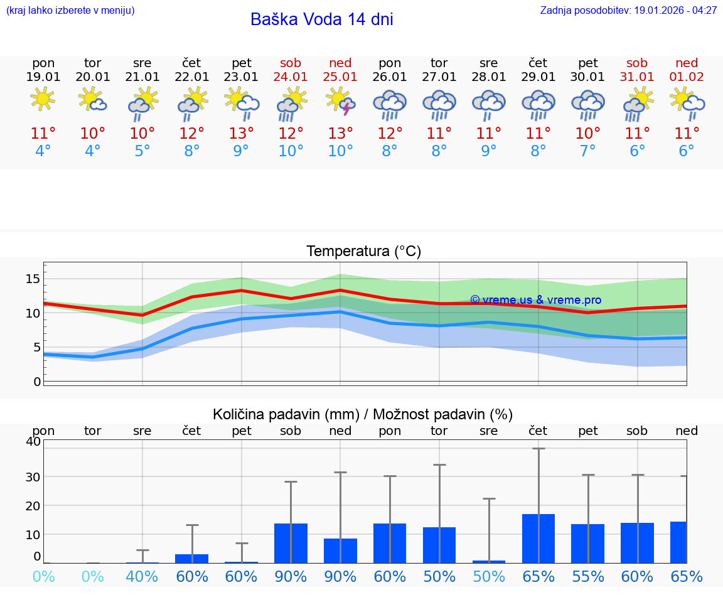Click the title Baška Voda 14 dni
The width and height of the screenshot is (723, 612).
(x=321, y=19)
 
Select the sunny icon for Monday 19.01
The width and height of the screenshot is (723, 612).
(x=43, y=99)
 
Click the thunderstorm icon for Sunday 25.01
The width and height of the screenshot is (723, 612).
(x=340, y=102)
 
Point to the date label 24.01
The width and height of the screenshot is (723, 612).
(x=291, y=77)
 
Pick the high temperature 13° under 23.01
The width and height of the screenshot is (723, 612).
(x=241, y=133)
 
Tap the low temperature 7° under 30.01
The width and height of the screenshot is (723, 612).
(x=587, y=151)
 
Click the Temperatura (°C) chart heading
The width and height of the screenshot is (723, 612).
(x=363, y=252)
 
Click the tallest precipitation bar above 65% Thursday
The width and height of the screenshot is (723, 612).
(x=538, y=538)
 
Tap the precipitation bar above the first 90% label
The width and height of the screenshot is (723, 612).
(x=291, y=543)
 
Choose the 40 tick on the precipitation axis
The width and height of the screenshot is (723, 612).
(x=33, y=441)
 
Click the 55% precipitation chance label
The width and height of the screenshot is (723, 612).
(x=587, y=576)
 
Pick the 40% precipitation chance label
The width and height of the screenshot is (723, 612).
(x=142, y=576)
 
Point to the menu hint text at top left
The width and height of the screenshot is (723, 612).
(x=70, y=10)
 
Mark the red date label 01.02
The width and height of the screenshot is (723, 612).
(x=687, y=77)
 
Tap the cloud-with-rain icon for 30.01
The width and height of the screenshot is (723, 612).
(x=587, y=104)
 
